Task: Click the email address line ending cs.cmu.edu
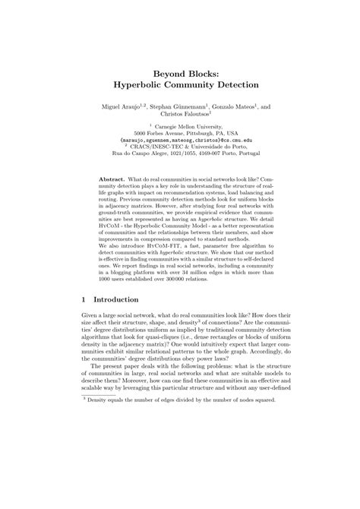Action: (x=180, y=141)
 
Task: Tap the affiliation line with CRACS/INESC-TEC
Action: (x=180, y=149)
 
